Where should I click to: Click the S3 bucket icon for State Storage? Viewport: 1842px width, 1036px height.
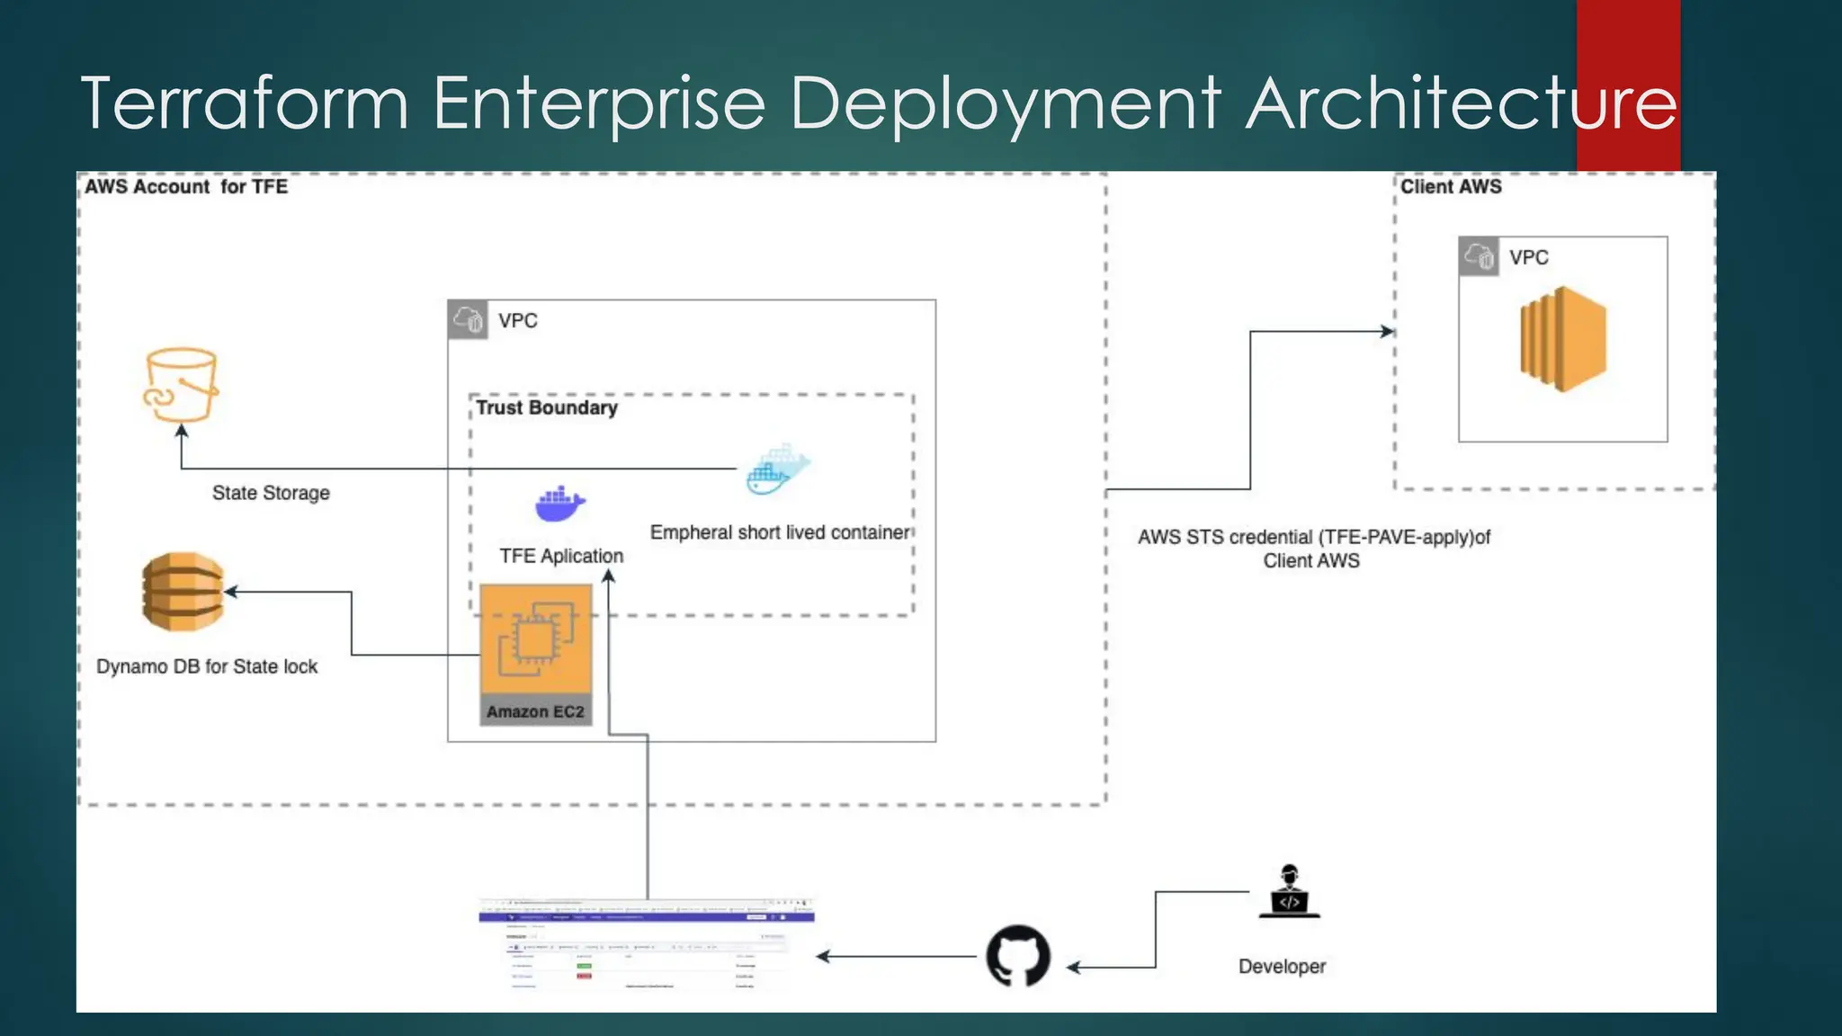[x=181, y=385]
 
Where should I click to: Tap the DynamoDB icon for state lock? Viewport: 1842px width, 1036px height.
[x=183, y=592]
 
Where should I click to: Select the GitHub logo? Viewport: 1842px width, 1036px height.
[x=1018, y=956]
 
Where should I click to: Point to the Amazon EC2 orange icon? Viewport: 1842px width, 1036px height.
[x=536, y=639]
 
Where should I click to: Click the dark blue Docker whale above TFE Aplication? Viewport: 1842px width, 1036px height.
[x=559, y=505]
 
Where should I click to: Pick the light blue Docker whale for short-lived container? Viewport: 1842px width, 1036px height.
[x=778, y=469]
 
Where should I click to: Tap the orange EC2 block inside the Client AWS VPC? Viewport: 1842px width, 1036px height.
[x=1563, y=339]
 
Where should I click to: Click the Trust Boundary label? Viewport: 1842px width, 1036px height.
[x=546, y=408]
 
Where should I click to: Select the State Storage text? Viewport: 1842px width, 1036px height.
[x=271, y=493]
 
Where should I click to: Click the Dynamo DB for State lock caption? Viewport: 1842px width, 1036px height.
[x=207, y=666]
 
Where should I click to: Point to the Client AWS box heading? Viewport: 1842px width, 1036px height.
[x=1451, y=187]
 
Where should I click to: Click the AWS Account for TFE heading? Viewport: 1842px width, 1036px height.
[x=186, y=187]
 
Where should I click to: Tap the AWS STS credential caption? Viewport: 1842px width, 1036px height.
[x=1313, y=548]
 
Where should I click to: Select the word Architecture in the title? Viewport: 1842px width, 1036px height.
[x=1462, y=103]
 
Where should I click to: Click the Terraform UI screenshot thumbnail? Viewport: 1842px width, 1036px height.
[x=647, y=944]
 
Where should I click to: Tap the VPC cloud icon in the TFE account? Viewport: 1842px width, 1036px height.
[x=468, y=319]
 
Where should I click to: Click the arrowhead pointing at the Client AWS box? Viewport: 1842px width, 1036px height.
[x=1388, y=332]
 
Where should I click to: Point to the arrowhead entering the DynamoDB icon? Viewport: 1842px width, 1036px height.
[x=231, y=592]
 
